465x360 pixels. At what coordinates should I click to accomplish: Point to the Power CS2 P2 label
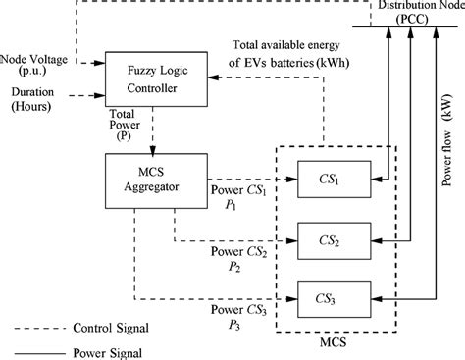click(x=236, y=257)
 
